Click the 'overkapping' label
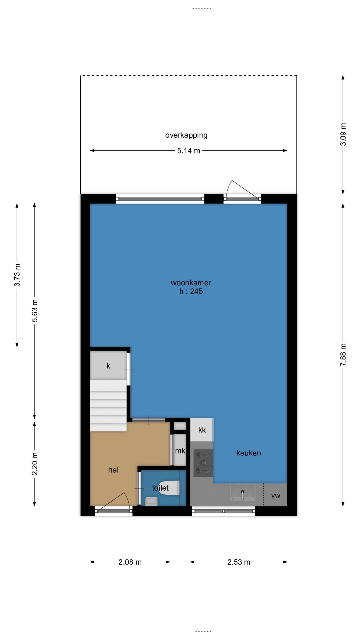coord(186,135)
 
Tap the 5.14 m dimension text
coord(189,151)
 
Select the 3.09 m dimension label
coord(343,134)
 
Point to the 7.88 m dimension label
coord(343,355)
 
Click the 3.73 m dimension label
coord(17,275)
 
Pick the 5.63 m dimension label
coord(35,311)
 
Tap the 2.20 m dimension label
coord(35,464)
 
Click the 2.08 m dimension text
coord(130,562)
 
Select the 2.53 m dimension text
coord(239,562)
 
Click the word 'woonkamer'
coord(191,283)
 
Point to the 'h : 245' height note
coord(191,291)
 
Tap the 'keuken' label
coord(249,453)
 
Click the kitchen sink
coord(243,492)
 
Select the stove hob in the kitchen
coord(203,463)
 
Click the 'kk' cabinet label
coord(202,430)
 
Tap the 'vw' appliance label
coord(276,496)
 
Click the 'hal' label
coord(113,470)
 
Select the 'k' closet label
coord(108,366)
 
